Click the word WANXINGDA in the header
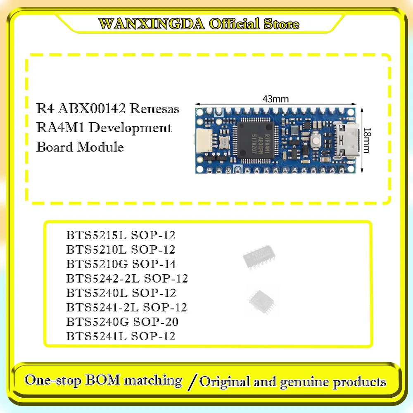pos(152,24)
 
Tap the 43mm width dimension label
pos(275,99)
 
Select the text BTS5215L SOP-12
pos(121,235)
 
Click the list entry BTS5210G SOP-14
pos(121,264)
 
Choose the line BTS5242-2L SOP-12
pos(127,278)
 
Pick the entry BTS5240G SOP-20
pos(122,322)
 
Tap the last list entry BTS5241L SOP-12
pos(121,336)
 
